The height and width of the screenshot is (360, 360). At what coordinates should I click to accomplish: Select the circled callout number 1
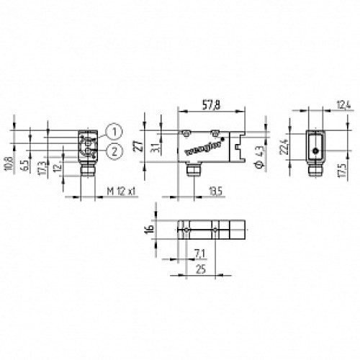point(113,131)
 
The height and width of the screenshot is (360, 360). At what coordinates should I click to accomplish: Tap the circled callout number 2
point(113,149)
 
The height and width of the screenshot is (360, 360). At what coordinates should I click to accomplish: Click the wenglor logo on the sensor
point(199,149)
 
